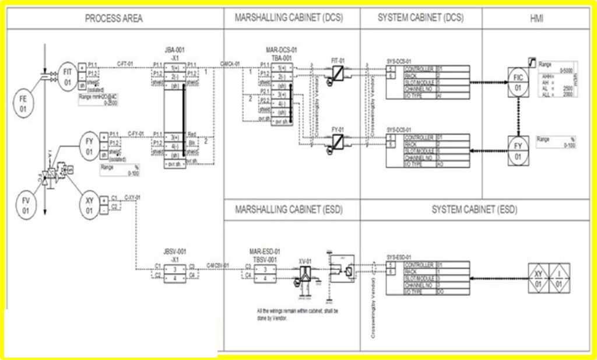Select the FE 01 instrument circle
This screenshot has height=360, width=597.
23,103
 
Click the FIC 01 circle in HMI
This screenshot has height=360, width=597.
518,82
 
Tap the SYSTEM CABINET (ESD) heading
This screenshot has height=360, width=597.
474,209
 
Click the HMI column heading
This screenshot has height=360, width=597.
536,18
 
